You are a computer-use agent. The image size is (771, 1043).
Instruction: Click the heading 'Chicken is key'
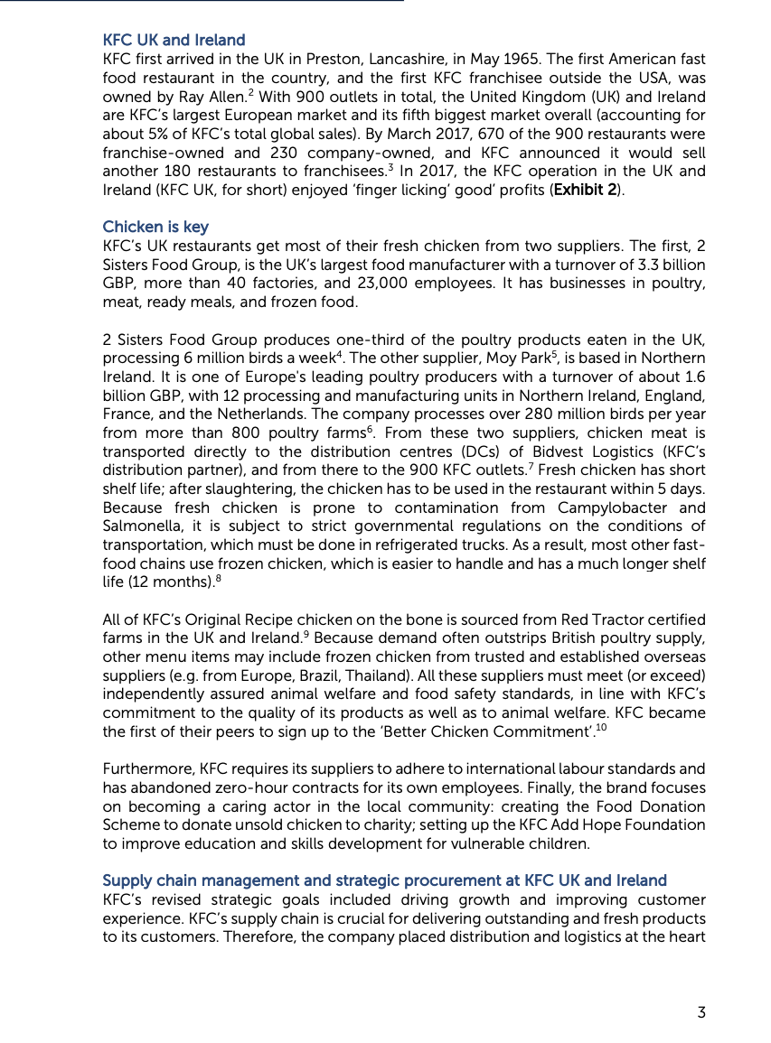click(155, 227)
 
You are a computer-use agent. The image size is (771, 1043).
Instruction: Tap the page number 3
click(701, 1012)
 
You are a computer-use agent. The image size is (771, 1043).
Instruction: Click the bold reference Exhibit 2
click(585, 190)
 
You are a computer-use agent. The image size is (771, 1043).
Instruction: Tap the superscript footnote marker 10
click(601, 728)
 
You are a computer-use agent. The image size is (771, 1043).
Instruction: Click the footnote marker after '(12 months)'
click(218, 579)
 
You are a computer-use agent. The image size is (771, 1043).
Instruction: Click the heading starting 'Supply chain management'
click(384, 880)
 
